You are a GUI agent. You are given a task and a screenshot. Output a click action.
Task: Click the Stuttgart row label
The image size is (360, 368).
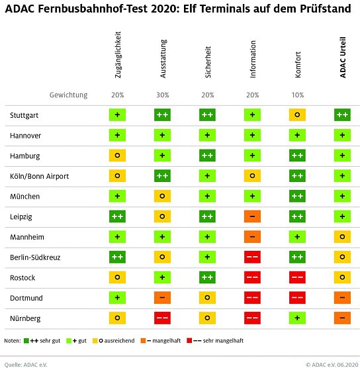pos(24,115)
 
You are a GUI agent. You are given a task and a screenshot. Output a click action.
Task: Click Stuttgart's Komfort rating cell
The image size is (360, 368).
pos(298,115)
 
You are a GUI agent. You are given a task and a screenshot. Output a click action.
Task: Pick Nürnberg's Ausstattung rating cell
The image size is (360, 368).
pos(163,318)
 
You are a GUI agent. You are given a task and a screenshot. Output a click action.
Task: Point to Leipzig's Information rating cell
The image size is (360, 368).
pos(253,216)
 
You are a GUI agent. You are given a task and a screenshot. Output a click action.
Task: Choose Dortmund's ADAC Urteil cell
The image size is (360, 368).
pos(343,298)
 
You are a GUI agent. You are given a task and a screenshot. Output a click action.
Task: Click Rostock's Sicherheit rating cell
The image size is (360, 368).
pos(208,277)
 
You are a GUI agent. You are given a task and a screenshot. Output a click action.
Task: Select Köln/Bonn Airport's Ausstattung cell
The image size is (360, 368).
pos(163,176)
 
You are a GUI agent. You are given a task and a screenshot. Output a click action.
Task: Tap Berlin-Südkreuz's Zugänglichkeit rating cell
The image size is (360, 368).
pos(118,257)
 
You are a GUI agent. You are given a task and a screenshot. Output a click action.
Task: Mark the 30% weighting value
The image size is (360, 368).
pos(163,95)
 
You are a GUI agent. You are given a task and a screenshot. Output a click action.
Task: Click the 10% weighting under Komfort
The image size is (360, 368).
pos(298,95)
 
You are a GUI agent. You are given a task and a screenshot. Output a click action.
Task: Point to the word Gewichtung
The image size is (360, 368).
pos(68,95)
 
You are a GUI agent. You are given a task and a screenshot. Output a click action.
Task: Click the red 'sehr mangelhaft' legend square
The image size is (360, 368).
pos(190,342)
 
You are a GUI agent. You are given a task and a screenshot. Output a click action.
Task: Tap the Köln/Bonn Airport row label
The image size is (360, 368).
pos(39,176)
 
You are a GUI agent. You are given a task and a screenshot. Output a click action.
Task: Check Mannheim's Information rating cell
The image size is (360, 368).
pos(253,237)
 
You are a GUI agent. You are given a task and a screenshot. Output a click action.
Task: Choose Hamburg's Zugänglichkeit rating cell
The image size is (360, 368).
pos(118,156)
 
